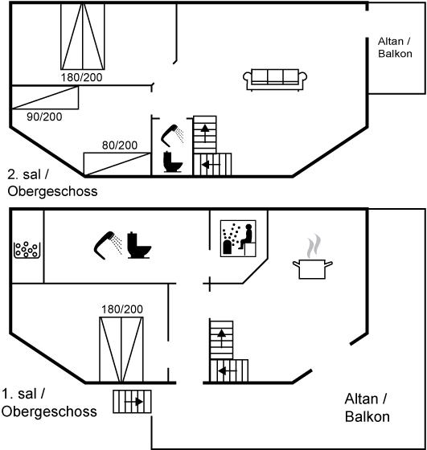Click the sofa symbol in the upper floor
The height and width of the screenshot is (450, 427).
click(275, 80)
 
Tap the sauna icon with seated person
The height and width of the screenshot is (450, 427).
click(238, 238)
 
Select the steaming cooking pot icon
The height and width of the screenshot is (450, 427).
click(313, 257)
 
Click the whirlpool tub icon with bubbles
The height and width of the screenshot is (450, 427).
click(27, 250)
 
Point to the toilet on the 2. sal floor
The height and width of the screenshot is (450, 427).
click(173, 162)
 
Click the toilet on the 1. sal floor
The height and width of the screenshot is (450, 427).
click(139, 245)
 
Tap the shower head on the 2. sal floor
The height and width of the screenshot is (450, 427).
click(172, 136)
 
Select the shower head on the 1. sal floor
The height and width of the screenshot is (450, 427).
click(108, 245)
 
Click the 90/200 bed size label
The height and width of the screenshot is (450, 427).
click(44, 117)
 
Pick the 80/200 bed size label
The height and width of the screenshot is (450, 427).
click(120, 145)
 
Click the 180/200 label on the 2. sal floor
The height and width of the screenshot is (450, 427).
click(81, 77)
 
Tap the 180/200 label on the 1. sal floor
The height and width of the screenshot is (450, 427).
click(122, 309)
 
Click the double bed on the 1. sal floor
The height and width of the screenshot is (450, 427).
click(121, 350)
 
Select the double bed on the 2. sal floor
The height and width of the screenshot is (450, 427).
click(83, 36)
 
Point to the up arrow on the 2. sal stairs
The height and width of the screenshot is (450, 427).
click(205, 133)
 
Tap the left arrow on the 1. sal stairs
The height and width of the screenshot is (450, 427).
click(228, 371)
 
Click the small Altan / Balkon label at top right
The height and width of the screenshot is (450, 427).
click(395, 47)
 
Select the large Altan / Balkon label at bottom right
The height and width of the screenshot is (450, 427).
click(367, 408)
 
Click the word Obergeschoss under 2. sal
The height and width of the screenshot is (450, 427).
click(52, 191)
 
